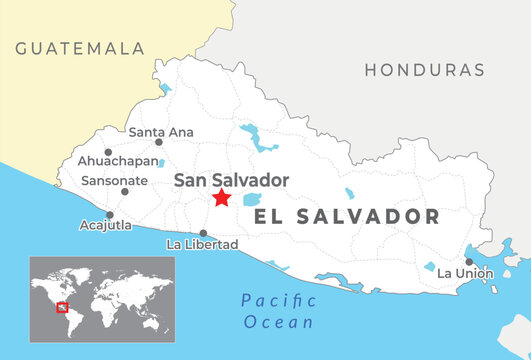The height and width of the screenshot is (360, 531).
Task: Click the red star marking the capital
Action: point(221,198)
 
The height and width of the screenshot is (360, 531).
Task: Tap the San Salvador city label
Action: point(231,180)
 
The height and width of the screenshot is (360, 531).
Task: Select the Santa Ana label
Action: point(161,131)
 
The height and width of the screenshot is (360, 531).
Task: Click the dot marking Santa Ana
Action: point(158,142)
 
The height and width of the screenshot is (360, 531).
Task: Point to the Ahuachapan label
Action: point(117,161)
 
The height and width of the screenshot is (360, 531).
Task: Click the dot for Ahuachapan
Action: point(108,152)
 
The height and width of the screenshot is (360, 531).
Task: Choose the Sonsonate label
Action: point(115,181)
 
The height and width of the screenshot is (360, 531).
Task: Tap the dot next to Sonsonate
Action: point(125,191)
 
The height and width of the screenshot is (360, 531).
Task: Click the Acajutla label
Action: point(105,226)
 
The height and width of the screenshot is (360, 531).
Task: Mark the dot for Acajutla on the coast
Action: point(109,215)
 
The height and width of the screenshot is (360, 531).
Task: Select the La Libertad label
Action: point(202,244)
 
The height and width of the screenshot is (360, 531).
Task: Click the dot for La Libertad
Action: point(203,233)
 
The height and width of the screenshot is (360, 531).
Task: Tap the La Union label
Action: point(465,273)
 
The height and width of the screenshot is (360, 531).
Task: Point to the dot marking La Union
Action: point(469,262)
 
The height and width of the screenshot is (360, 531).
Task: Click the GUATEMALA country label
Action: point(80,48)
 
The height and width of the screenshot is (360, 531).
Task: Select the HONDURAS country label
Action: point(424,71)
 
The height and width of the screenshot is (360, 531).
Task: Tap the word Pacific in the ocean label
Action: point(278,301)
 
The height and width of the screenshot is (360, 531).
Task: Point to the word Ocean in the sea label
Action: point(279,322)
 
